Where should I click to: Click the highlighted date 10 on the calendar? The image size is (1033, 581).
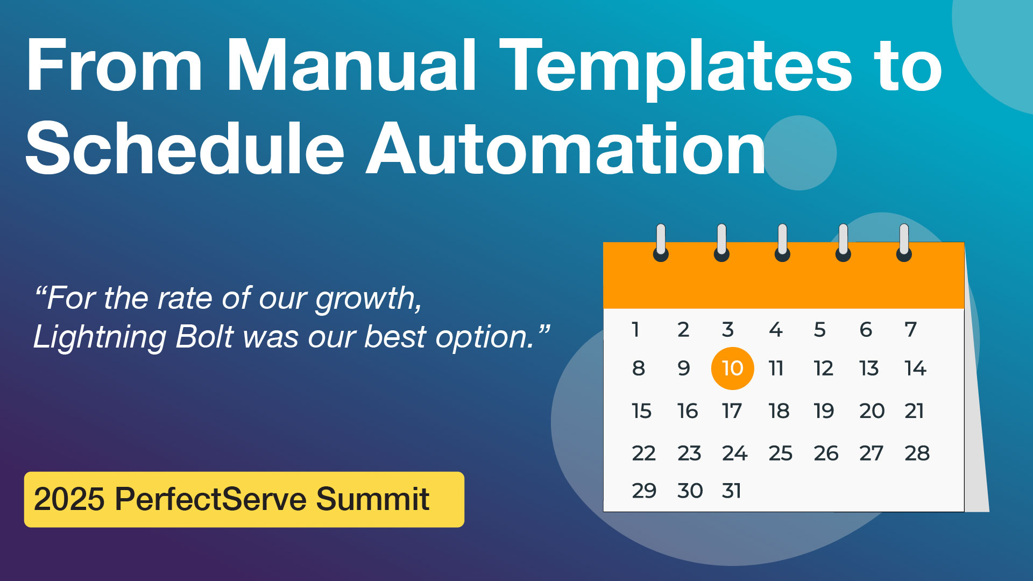[x=732, y=369]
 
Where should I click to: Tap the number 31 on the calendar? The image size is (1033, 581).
[x=732, y=491]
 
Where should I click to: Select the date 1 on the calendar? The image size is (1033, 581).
[x=636, y=329]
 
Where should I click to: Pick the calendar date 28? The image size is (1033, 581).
[x=917, y=453]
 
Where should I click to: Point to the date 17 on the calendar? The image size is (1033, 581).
[x=732, y=411]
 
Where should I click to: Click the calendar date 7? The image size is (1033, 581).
[x=910, y=329]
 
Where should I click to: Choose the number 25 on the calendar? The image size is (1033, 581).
[x=781, y=453]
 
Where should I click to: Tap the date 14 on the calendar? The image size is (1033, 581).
[x=915, y=369]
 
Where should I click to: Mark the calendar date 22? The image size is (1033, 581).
[x=644, y=453]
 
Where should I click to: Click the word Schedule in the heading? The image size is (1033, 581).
[x=185, y=148]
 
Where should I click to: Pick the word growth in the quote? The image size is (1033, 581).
[x=369, y=299]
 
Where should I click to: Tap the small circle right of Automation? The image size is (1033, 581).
[x=799, y=153]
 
